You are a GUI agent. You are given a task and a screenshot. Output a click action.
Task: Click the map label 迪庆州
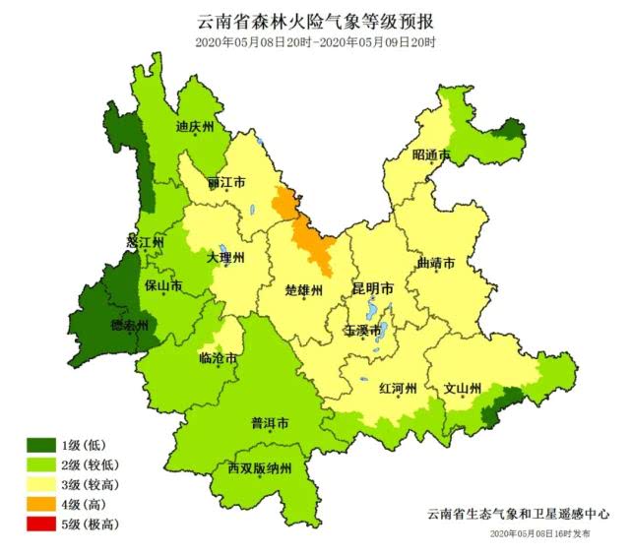(x=195, y=127)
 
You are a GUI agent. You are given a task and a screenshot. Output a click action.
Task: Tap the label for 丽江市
(x=226, y=183)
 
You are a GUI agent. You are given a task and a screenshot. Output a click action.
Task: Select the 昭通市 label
(x=431, y=155)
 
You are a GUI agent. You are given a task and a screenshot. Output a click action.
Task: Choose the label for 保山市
(x=163, y=286)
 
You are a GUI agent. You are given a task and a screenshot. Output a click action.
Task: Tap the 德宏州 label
(x=128, y=326)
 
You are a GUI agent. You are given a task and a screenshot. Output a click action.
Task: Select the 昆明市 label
(x=373, y=289)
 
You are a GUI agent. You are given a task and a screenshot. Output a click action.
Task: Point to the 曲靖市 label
(x=436, y=264)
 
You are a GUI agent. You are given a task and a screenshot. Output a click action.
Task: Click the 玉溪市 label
(x=362, y=331)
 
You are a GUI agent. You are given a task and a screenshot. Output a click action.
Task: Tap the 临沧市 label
(x=218, y=359)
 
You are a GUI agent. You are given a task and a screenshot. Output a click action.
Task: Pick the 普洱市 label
(x=269, y=425)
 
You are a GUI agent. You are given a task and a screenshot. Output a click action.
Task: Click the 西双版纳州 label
(x=259, y=468)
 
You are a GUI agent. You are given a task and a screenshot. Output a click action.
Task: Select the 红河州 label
(x=399, y=388)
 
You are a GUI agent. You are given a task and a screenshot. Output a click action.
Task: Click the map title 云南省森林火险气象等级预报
(x=315, y=21)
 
